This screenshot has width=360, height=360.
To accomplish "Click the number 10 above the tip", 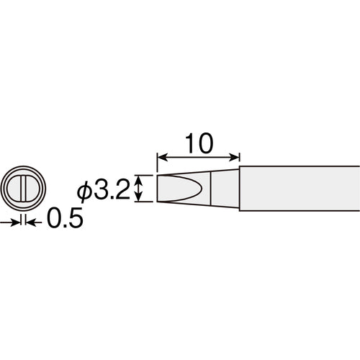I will [x=197, y=143].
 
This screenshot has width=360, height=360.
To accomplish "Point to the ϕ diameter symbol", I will [x=85, y=192].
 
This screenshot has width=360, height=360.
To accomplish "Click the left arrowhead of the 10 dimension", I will [x=159, y=157].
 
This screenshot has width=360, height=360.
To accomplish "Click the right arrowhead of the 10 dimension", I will [x=235, y=157].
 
